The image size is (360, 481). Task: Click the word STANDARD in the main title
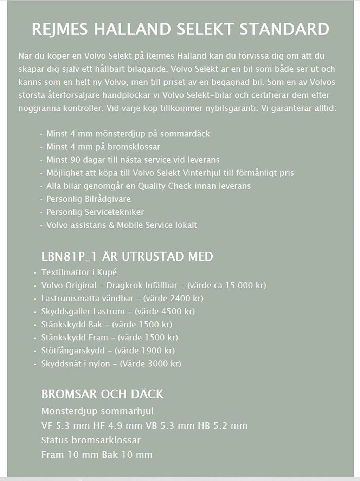pos(284,30)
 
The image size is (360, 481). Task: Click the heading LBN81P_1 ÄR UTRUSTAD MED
pos(127,256)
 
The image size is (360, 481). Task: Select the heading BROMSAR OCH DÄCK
pos(102,394)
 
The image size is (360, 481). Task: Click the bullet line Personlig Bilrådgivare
pos(88,199)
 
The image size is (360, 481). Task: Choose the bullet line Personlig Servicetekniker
pos(95,212)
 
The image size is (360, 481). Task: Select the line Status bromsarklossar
pos(91,440)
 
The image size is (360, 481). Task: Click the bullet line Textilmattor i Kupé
pos(79,272)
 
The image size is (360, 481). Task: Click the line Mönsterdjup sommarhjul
pos(97,411)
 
